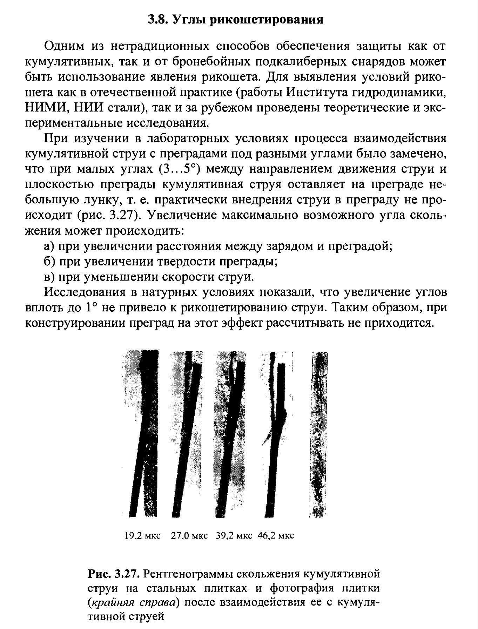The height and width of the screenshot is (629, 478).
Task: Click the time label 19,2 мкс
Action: (142, 536)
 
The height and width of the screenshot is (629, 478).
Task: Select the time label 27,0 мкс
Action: (189, 536)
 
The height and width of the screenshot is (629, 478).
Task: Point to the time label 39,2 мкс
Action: (234, 536)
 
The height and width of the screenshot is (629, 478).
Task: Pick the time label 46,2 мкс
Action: (276, 536)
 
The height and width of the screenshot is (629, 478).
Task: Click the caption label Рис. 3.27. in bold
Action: (114, 574)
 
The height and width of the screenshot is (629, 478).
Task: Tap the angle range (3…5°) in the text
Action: (179, 169)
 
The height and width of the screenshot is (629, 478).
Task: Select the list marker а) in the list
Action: (49, 246)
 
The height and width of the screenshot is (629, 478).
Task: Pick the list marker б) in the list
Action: (49, 262)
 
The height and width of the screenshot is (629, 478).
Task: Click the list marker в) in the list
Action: (49, 277)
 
